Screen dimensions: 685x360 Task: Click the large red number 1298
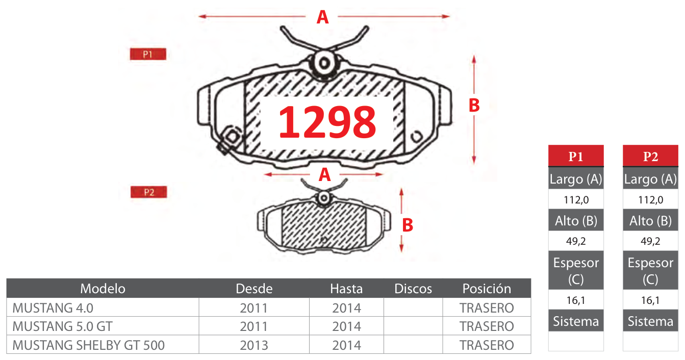[x=327, y=122]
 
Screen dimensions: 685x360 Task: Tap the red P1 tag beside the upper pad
[x=148, y=54]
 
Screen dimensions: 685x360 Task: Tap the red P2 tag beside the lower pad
[x=148, y=192]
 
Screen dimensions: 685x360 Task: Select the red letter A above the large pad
[x=322, y=17]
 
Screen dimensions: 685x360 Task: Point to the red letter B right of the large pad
[x=474, y=105]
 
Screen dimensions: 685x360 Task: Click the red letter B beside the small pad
[x=408, y=225]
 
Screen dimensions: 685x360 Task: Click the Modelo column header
[x=103, y=289]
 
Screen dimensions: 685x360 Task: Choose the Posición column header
[x=487, y=289]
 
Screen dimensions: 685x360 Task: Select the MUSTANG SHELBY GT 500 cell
[x=88, y=345]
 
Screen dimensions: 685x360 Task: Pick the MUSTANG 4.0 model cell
[x=53, y=308]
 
